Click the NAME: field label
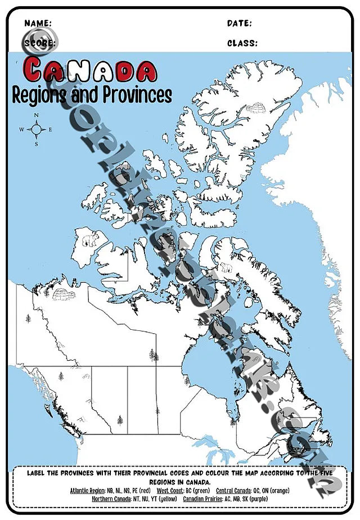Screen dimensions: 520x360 tap(38, 24)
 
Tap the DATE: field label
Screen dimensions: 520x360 tap(239, 24)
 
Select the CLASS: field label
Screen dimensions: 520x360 tap(242, 43)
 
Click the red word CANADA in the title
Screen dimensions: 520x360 tap(91, 70)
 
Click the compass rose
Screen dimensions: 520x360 tap(37, 129)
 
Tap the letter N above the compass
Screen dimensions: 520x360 tap(37, 116)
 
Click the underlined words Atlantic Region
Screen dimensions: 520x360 tap(88, 491)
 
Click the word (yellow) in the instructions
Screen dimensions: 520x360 tap(168, 499)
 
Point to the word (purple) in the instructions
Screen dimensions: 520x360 tap(256, 499)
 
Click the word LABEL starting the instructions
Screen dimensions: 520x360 tap(37, 473)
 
